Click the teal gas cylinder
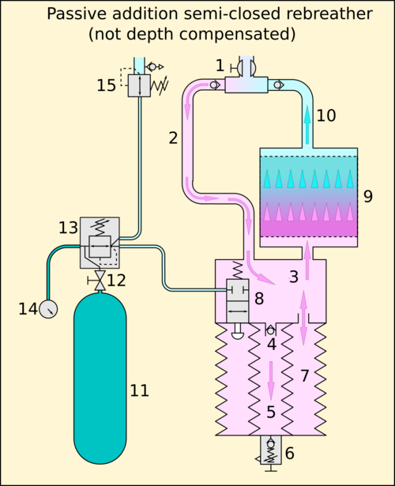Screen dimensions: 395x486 pyautogui.click(x=100, y=379)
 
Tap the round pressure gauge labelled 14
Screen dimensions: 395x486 pyautogui.click(x=48, y=309)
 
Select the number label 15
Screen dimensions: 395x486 pyautogui.click(x=107, y=85)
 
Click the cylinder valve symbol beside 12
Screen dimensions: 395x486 pyautogui.click(x=100, y=281)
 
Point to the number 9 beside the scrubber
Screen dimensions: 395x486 pyautogui.click(x=367, y=196)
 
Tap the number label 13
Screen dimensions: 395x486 pyautogui.click(x=68, y=228)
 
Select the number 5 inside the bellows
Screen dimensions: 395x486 pyautogui.click(x=271, y=413)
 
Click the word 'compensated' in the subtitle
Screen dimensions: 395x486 pyautogui.click(x=237, y=34)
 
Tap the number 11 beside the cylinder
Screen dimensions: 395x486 pyautogui.click(x=139, y=390)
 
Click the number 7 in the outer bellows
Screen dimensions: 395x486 pyautogui.click(x=305, y=376)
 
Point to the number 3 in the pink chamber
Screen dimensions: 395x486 pyautogui.click(x=294, y=277)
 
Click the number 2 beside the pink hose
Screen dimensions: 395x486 pyautogui.click(x=173, y=138)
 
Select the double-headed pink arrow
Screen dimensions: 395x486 pyautogui.click(x=303, y=318)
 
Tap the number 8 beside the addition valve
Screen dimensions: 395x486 pyautogui.click(x=259, y=299)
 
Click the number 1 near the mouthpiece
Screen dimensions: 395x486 pyautogui.click(x=220, y=66)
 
